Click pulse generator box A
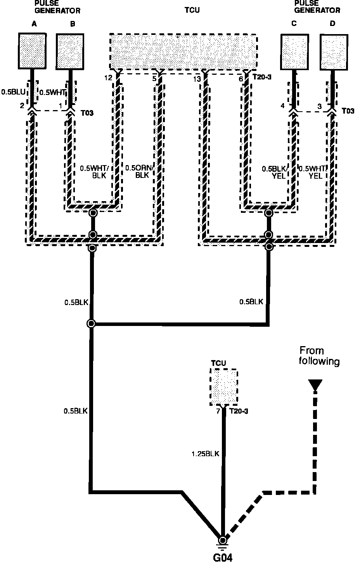coord(33,52)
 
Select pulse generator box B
coord(70,52)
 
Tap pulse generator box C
coord(294,52)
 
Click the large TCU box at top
coord(183,52)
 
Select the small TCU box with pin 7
coord(223,387)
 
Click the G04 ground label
coord(223,557)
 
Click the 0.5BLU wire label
coord(14,92)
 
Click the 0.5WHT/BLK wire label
coord(93,172)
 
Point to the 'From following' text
coord(319,356)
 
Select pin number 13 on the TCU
coord(197,79)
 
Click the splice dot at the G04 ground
coord(223,540)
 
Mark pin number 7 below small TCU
coord(218,411)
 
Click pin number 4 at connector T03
coord(282,105)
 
